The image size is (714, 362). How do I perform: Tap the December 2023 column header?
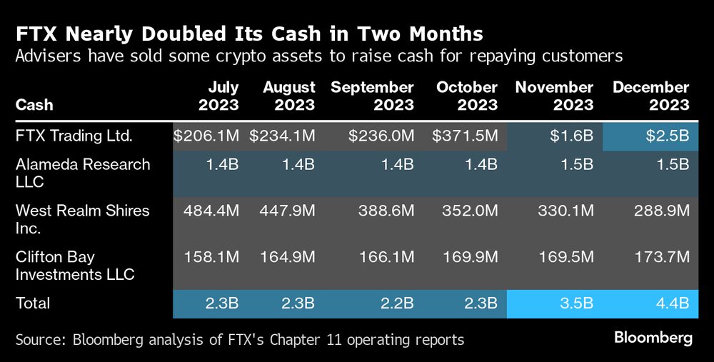pos(650,96)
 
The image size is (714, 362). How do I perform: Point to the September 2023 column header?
pos(372,96)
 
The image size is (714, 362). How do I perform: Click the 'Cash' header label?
pos(34,105)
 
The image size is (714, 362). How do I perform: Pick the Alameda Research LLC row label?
pos(83,173)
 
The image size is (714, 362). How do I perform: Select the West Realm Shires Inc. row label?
pos(83,219)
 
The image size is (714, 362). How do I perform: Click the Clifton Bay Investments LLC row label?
pos(75,266)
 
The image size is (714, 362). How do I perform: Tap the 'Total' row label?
pos(34,303)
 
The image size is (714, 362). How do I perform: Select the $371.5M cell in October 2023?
pos(465,136)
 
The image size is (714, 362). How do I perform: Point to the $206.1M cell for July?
pos(206,136)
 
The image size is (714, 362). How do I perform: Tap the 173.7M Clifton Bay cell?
pos(660,257)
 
